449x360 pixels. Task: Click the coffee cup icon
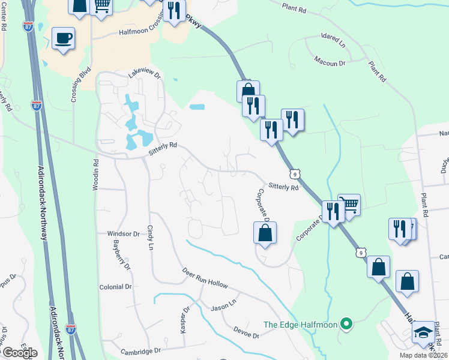tap(63, 38)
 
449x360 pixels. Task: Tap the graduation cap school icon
tap(423, 332)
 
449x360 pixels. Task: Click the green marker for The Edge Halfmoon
tap(345, 325)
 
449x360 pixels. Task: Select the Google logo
tap(19, 352)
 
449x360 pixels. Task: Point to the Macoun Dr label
tap(330, 61)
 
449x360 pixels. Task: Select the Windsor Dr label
tap(123, 233)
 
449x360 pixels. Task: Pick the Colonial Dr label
tap(115, 287)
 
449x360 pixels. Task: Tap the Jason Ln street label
tap(224, 307)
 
